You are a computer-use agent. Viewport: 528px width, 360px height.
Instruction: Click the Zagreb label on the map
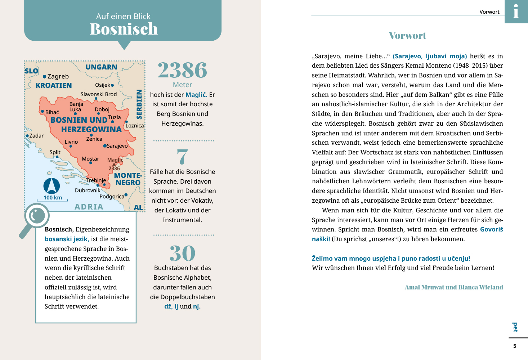point(58,76)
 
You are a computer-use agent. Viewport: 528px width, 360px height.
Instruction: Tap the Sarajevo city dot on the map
point(105,146)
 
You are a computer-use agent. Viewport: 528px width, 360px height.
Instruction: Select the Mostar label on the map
point(90,159)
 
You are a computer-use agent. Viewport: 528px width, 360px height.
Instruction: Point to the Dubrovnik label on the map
point(88,190)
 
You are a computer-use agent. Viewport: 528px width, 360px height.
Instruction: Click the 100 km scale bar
point(52,200)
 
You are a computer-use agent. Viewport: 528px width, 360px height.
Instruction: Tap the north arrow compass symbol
point(52,186)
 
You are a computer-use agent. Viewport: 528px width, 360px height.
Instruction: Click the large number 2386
point(182,70)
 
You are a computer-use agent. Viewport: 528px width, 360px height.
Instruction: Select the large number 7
point(182,157)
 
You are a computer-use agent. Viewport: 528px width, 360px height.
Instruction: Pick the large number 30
point(182,253)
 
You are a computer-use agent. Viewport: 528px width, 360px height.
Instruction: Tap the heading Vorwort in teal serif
point(407,36)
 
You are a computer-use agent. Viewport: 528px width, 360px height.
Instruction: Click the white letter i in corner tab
point(516,11)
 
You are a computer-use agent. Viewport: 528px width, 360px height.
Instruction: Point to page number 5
point(515,346)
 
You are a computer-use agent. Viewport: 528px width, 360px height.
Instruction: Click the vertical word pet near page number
point(515,327)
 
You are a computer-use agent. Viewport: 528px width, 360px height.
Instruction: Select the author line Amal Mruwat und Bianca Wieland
point(454,287)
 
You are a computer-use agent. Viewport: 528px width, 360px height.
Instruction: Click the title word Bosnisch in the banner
point(124,29)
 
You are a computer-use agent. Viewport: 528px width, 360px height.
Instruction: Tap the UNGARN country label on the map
point(101,67)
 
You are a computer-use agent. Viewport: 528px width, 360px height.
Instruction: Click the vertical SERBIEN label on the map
point(139,104)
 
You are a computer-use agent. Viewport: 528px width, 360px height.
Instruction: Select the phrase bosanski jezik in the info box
point(67,239)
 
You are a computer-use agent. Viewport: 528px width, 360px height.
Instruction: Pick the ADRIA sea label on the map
point(89,207)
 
